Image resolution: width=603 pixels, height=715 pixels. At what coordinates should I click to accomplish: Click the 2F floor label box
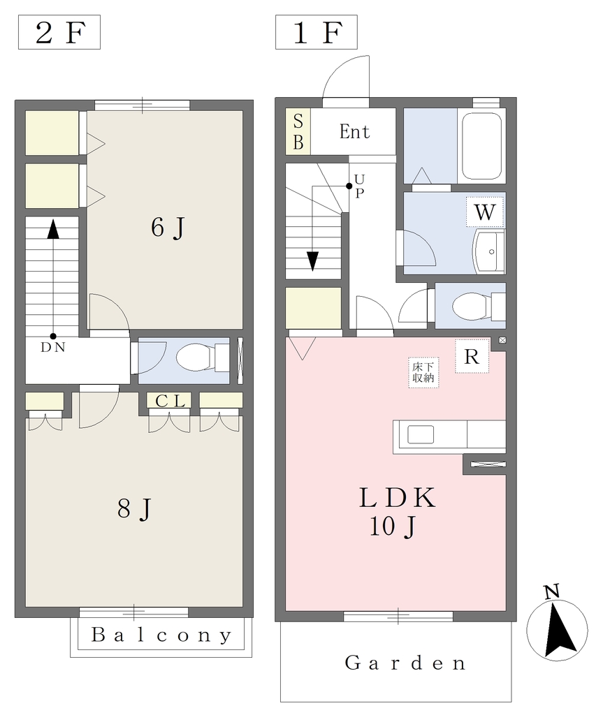point(59,32)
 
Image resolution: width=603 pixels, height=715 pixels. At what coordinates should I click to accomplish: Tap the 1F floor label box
point(317,32)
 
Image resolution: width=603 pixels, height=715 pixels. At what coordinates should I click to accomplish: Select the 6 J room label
point(168,227)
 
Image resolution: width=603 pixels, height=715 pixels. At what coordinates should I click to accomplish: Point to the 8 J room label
point(134,508)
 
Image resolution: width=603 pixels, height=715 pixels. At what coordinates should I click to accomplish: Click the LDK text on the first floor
point(397,497)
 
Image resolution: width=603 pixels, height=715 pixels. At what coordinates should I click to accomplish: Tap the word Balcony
point(161,635)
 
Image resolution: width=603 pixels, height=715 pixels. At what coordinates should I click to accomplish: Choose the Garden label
point(405,663)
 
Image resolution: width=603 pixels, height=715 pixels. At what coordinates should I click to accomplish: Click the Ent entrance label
point(354,132)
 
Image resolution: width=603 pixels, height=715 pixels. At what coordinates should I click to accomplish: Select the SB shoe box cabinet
point(298,131)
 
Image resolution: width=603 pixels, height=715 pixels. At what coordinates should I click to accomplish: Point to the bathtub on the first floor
point(481,146)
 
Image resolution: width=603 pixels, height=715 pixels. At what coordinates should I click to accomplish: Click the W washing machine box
point(485,212)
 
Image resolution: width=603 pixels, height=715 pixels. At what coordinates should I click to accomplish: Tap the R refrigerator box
point(472,357)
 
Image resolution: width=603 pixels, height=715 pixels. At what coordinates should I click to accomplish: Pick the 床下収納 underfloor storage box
point(423,372)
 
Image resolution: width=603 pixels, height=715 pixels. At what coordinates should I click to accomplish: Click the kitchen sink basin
point(421,434)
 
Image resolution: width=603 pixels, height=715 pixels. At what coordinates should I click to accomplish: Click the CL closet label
point(170,401)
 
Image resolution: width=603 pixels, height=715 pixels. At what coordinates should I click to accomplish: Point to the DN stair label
point(53,348)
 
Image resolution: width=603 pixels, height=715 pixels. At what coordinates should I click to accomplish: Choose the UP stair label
point(359,186)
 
